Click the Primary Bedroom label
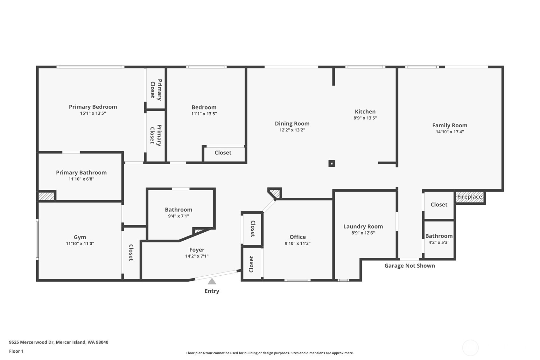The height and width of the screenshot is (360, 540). click(x=93, y=107)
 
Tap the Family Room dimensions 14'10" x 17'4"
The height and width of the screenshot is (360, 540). click(x=450, y=132)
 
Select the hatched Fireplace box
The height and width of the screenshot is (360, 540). click(x=470, y=197)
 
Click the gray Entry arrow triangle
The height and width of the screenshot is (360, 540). click(x=212, y=281)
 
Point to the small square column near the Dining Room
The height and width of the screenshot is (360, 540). click(x=332, y=163)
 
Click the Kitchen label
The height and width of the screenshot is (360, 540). click(x=365, y=112)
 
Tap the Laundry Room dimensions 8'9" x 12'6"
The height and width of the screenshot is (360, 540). click(x=363, y=233)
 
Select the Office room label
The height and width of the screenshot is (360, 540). click(x=298, y=237)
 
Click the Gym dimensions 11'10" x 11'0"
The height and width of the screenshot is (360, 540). click(x=80, y=244)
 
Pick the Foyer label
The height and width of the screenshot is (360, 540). click(x=197, y=250)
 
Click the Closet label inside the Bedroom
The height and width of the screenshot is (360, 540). click(x=223, y=153)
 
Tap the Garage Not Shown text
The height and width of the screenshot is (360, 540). click(x=410, y=266)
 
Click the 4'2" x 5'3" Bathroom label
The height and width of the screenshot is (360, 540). click(x=439, y=236)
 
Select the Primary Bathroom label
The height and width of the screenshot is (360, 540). click(x=81, y=173)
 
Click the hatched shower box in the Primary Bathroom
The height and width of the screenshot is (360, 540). click(x=46, y=196)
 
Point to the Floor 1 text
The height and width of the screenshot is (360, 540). click(x=16, y=351)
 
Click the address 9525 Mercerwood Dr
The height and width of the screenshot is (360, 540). click(x=59, y=342)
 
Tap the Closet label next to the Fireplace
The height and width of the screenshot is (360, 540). click(x=439, y=205)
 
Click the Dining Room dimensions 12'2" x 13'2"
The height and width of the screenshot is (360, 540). click(x=292, y=130)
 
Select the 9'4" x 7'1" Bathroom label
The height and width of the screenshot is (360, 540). click(x=179, y=210)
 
